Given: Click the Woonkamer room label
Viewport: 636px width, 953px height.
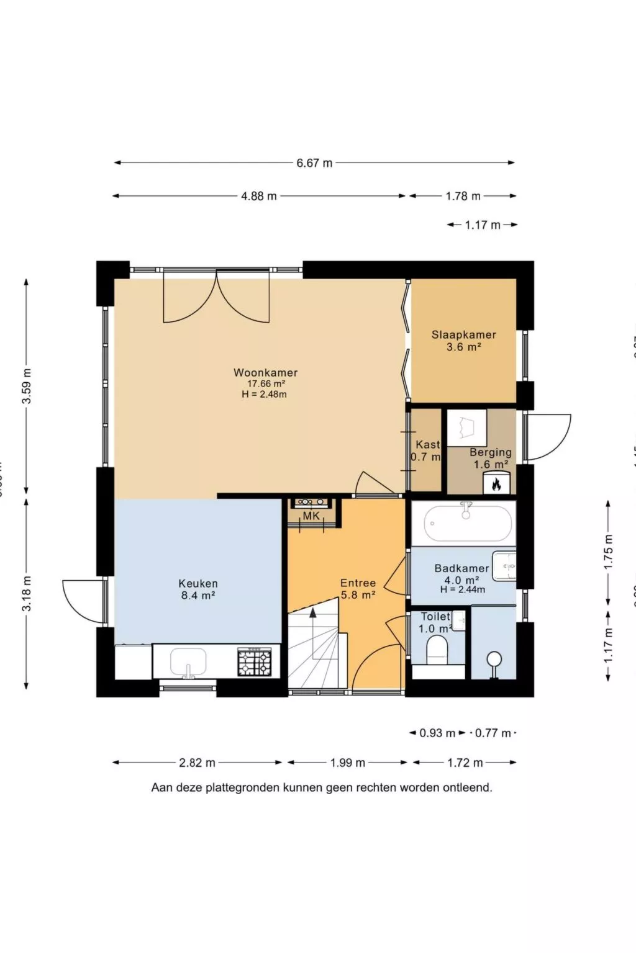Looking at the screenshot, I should coord(265,373).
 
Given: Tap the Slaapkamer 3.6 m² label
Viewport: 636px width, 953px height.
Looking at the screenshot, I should coord(464,341).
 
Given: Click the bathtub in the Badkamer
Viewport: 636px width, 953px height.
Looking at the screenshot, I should coord(468,523).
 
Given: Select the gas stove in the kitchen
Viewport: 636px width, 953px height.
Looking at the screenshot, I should coord(255,661).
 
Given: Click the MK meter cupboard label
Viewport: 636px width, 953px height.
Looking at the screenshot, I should coord(311,516).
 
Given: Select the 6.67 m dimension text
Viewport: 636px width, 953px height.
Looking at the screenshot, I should coord(314,163).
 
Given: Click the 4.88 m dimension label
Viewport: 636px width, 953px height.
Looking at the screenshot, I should coord(259,196).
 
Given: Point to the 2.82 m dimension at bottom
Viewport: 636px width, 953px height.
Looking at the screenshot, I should coord(197,763).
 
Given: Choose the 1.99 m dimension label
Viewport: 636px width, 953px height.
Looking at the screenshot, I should coord(348,763).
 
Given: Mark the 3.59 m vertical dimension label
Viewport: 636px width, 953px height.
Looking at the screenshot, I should coord(27,386).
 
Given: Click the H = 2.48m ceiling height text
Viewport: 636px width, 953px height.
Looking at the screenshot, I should coord(265,395).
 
